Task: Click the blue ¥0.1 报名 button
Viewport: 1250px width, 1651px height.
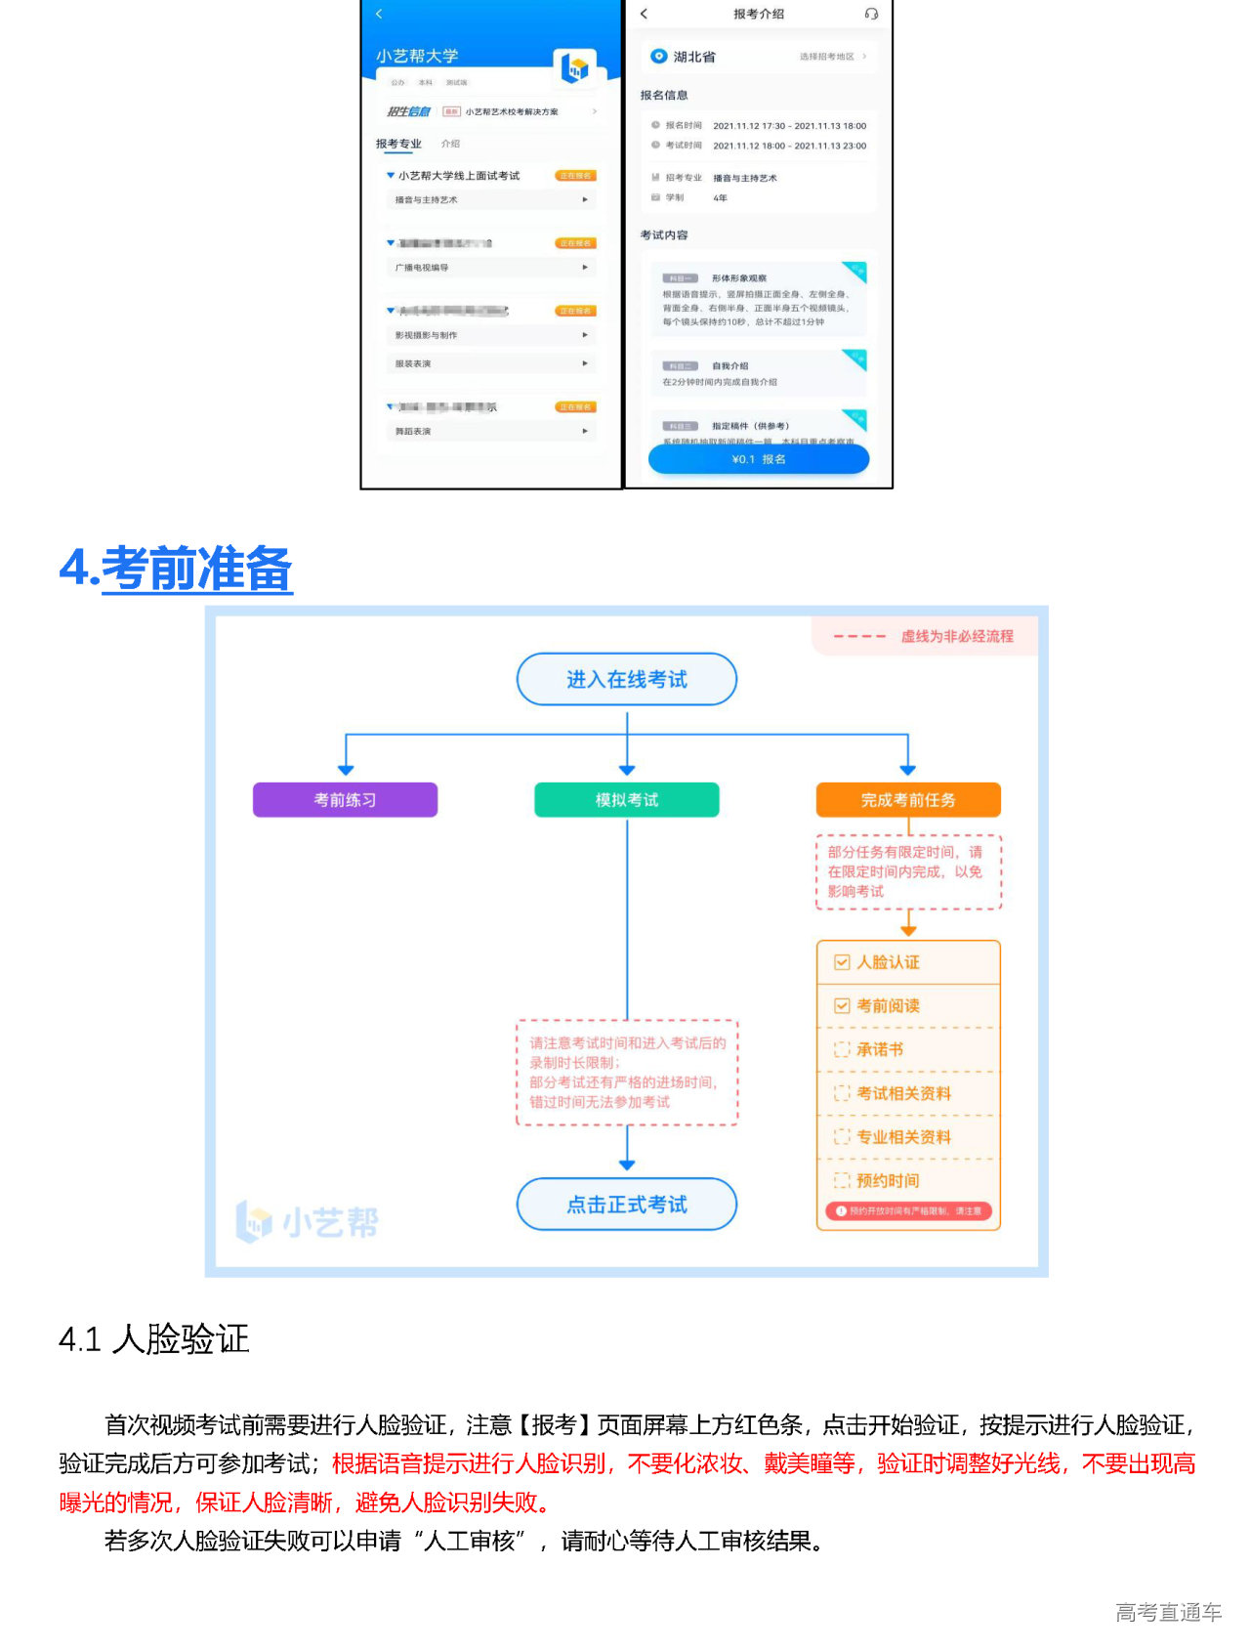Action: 758,459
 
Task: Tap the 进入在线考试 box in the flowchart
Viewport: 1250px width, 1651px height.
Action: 626,679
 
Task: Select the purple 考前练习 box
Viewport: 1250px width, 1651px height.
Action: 345,800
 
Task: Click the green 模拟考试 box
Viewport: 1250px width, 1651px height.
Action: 626,800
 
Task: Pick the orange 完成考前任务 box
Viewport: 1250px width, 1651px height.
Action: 908,800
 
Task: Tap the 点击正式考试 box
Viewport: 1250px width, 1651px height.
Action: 626,1205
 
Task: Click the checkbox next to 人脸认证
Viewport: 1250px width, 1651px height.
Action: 842,962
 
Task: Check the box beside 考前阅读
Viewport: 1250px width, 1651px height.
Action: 842,1006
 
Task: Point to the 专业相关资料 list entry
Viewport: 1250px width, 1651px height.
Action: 902,1137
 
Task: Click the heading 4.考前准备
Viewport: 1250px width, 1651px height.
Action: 176,569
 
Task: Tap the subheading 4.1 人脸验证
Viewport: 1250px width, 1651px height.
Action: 154,1338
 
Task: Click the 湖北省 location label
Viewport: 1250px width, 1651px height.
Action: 693,58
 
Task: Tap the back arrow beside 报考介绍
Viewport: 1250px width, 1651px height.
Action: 644,14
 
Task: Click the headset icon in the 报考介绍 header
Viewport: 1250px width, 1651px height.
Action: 871,14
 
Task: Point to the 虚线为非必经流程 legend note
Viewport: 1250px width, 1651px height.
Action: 956,637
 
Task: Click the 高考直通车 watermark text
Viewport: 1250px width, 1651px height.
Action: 1168,1613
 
